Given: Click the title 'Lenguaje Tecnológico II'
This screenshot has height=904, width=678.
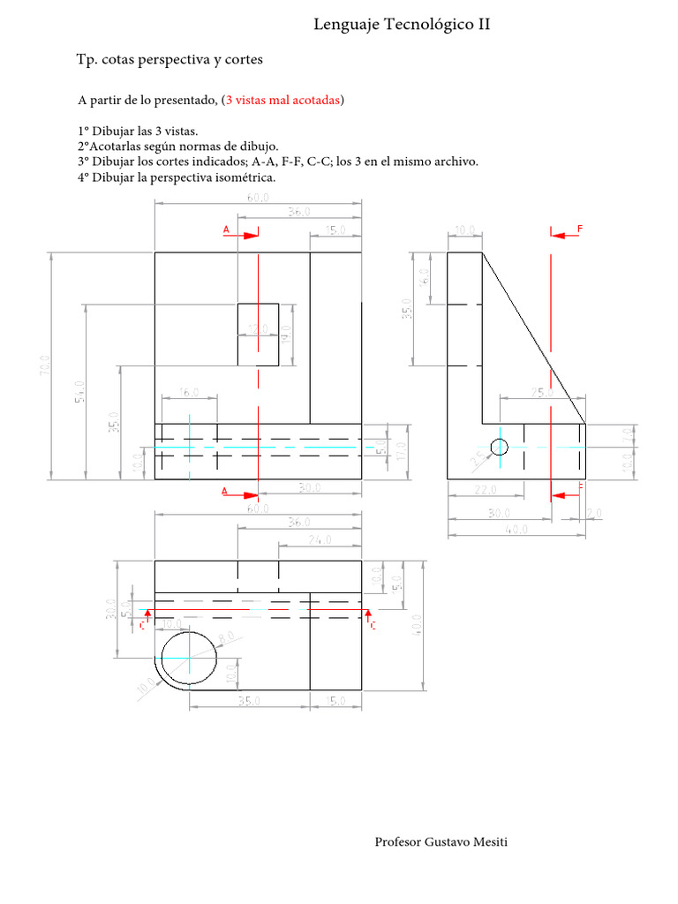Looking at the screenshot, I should click(x=402, y=26).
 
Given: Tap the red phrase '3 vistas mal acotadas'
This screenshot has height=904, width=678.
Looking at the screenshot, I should click(x=283, y=101).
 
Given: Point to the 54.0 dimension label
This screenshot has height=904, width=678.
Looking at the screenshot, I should click(x=79, y=391).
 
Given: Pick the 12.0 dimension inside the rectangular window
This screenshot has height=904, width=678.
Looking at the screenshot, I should click(x=257, y=329).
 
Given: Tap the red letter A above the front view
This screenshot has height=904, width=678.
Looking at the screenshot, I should click(x=226, y=230).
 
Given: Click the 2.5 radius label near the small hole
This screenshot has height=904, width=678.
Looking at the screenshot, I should click(x=478, y=457).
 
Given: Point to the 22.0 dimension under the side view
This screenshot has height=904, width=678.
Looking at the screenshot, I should click(x=484, y=489).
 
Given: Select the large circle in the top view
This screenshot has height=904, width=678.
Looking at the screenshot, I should click(x=188, y=658).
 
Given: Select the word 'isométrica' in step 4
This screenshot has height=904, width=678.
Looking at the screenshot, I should click(x=247, y=177).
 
